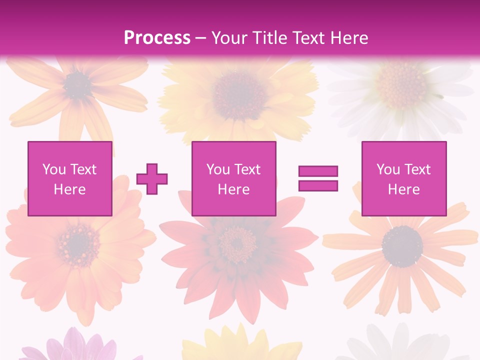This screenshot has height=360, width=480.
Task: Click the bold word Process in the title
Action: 157,38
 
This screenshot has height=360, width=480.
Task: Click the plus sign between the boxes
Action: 152,178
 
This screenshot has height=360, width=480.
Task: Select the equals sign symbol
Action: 318,178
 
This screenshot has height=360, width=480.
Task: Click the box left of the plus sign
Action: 69,178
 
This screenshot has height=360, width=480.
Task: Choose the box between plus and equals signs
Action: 233,178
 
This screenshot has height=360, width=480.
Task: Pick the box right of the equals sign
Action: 403,178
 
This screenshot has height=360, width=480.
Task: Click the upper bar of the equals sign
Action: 318,171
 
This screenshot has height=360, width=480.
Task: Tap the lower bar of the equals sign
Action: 318,185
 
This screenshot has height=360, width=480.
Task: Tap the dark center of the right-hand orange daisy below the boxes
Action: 401,246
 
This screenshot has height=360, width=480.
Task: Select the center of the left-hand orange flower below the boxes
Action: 77,244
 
